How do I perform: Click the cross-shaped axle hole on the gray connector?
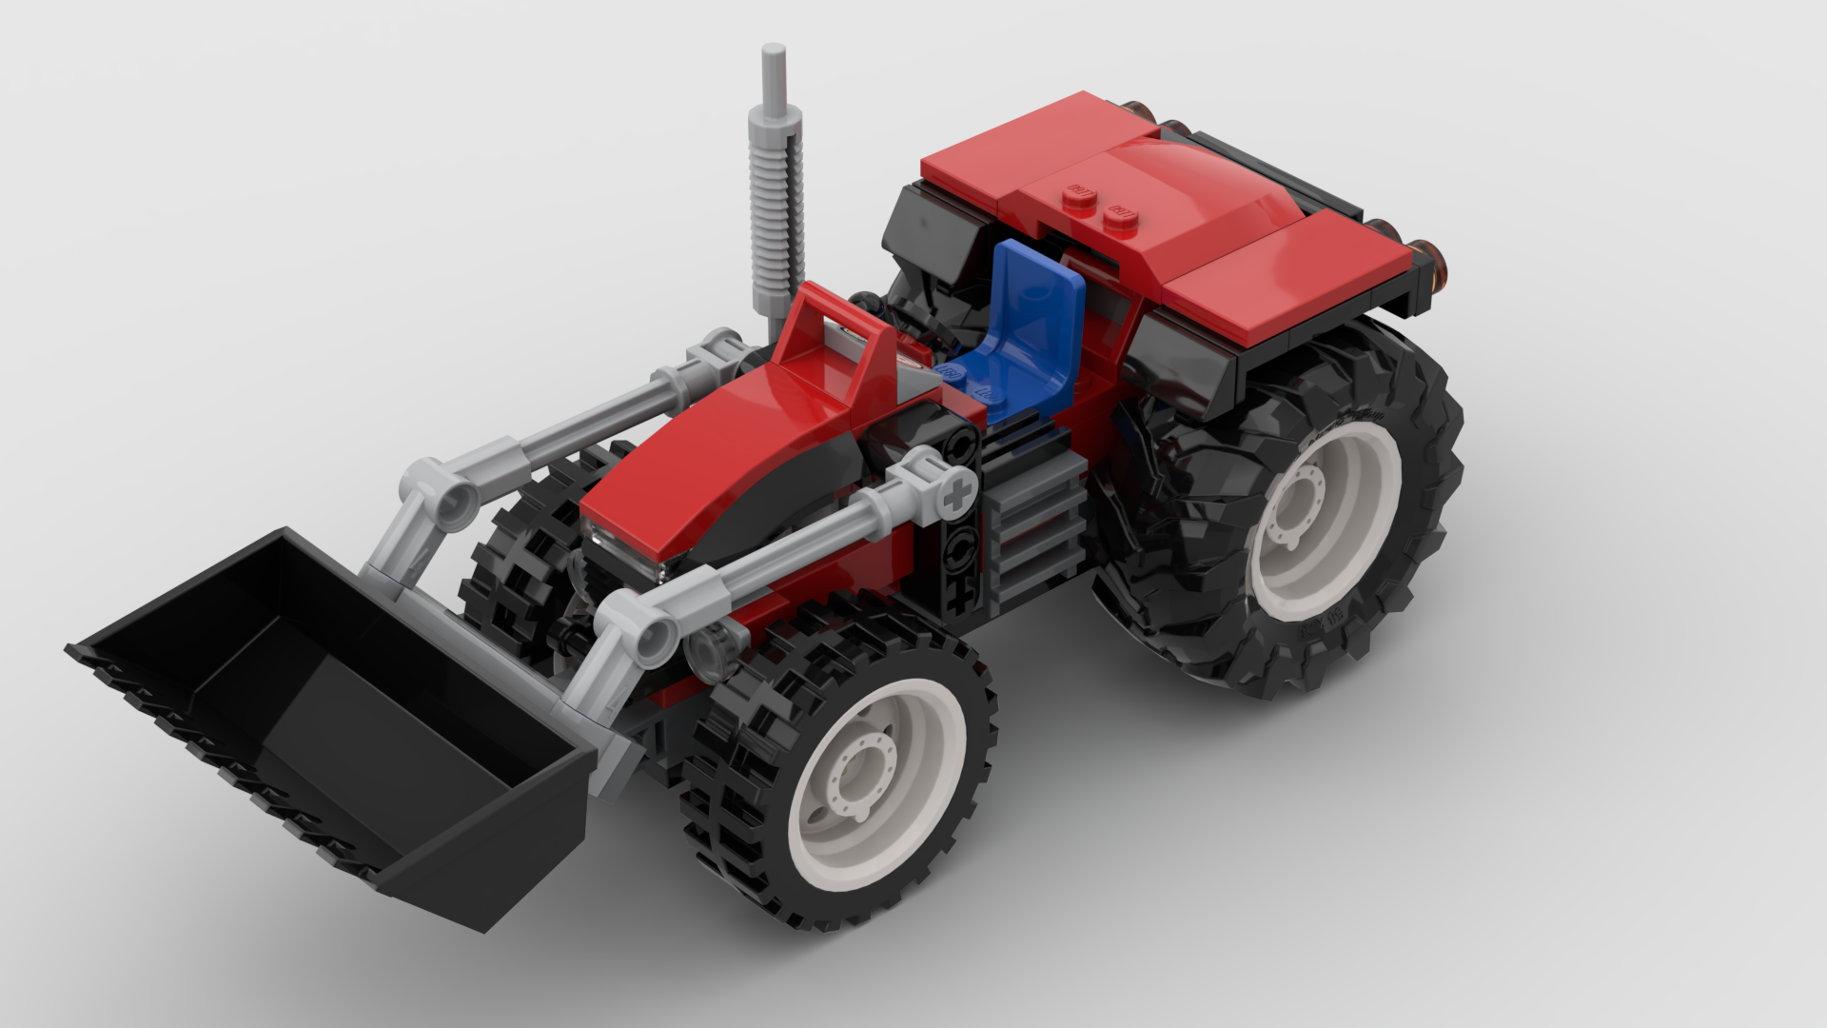coord(957,493)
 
